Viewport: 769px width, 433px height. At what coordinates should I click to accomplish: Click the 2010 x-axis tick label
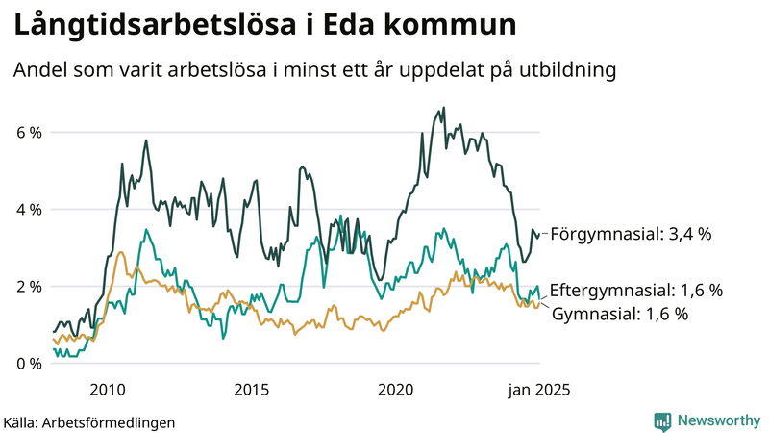pyautogui.click(x=107, y=390)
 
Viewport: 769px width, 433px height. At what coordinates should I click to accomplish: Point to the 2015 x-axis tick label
pyautogui.click(x=251, y=390)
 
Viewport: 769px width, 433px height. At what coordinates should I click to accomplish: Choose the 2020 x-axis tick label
pyautogui.click(x=395, y=390)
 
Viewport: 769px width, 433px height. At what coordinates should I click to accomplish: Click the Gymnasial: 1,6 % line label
pyautogui.click(x=620, y=314)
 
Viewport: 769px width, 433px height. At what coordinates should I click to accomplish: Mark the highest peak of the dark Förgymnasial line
pyautogui.click(x=443, y=108)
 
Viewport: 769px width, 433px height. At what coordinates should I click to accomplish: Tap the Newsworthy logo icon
pyautogui.click(x=662, y=420)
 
